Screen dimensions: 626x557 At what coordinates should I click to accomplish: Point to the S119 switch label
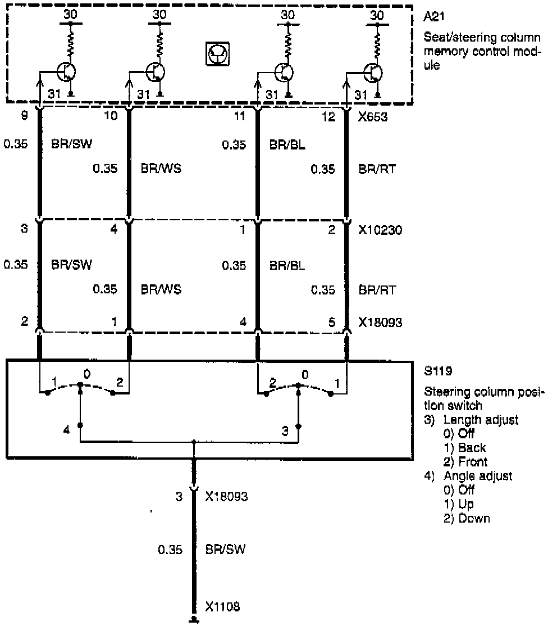[436, 371]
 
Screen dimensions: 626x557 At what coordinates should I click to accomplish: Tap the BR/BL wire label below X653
[287, 144]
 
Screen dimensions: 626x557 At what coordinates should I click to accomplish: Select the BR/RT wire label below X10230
[377, 290]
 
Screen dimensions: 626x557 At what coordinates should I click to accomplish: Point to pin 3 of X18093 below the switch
[179, 497]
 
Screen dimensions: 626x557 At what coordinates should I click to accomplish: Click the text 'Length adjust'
[481, 420]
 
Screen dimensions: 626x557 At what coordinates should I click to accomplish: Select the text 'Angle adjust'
[478, 476]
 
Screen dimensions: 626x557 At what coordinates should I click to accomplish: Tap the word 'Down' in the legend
[474, 518]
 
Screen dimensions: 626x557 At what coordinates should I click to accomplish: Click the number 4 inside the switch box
[67, 430]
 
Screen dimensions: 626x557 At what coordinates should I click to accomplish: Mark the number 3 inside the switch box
[285, 430]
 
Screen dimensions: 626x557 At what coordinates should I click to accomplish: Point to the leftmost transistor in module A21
[67, 72]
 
